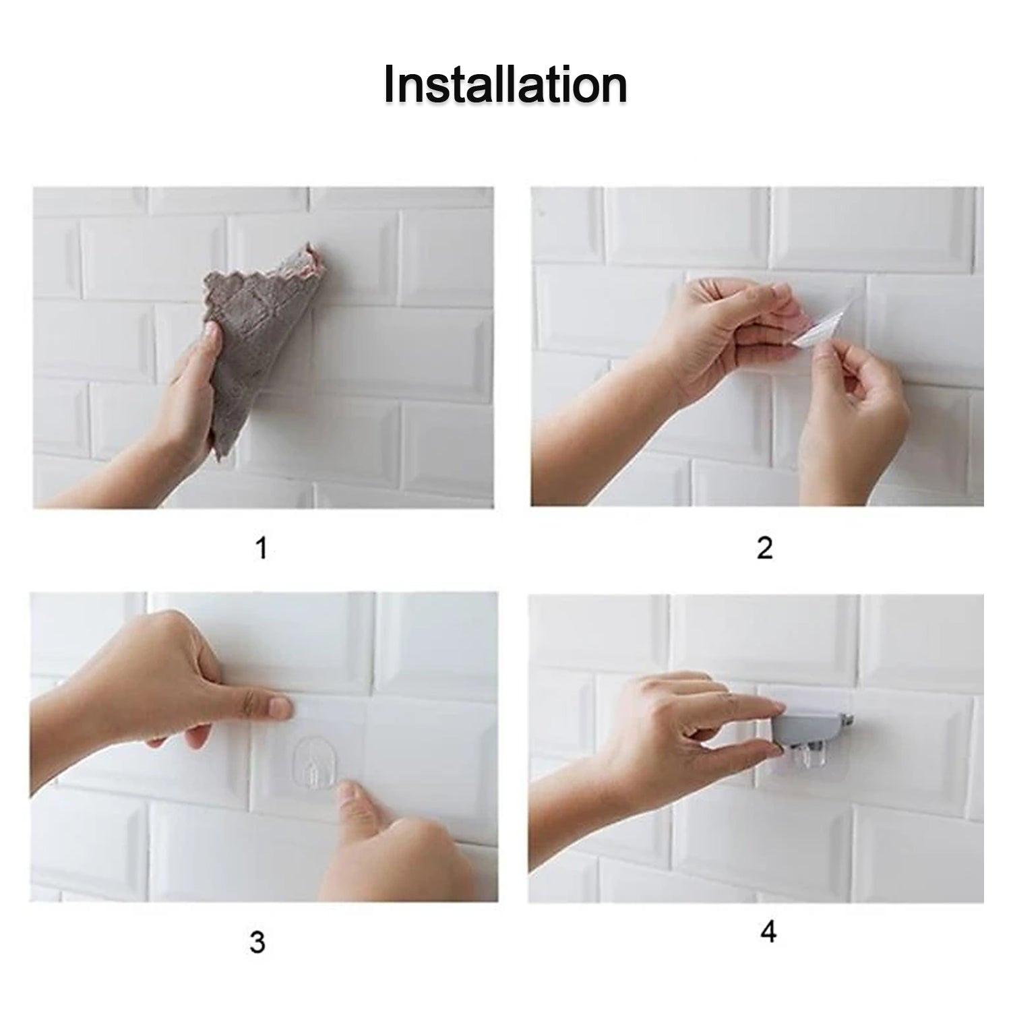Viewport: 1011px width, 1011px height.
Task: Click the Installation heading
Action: click(506, 86)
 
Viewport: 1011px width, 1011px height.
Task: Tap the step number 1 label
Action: click(262, 548)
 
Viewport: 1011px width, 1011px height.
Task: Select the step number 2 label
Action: click(764, 549)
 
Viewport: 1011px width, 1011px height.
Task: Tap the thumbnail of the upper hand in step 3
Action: click(278, 708)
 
